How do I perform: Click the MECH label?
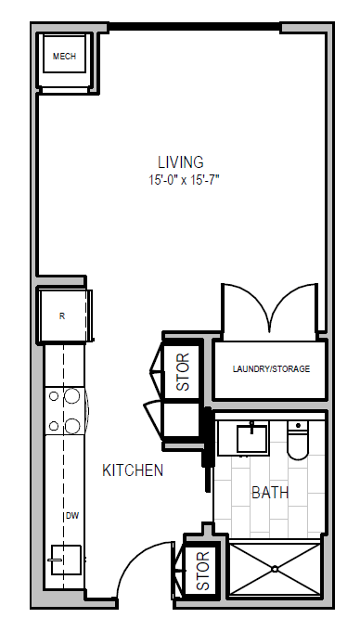coord(64,57)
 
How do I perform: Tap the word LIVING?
coord(180,161)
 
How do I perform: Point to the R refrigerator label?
coord(62,315)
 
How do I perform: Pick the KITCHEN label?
coord(133,470)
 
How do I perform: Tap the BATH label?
coord(269,493)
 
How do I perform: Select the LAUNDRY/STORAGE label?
coord(271,369)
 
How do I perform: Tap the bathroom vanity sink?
coord(251,436)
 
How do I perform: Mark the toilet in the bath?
coord(298,442)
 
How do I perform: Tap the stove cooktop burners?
coord(62,411)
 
